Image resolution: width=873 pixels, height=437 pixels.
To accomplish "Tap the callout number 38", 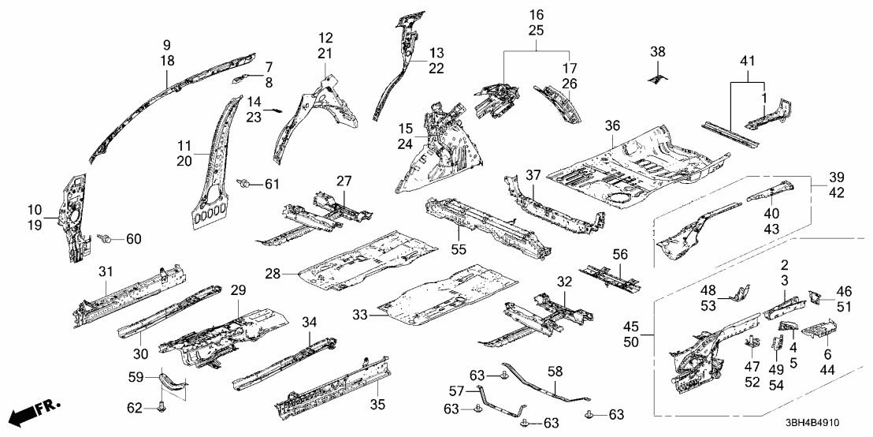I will click(x=657, y=51).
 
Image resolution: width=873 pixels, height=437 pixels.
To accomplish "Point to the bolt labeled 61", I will click(x=246, y=184).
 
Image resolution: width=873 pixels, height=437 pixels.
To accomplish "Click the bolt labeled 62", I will click(x=162, y=407).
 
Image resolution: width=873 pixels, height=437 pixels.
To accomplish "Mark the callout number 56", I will click(x=620, y=254).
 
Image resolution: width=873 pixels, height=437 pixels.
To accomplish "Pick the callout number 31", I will click(x=106, y=271).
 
